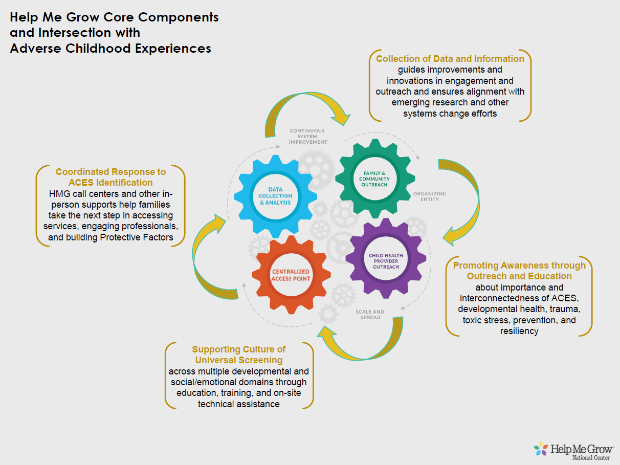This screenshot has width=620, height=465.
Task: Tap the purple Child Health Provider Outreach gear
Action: pos(387,259)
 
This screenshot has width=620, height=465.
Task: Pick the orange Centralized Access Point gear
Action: pos(291,275)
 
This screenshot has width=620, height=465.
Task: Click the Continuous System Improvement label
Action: pos(308,136)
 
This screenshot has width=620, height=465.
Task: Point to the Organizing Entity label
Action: pos(429,196)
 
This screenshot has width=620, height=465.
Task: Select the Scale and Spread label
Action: pos(370,314)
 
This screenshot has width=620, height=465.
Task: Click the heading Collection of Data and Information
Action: pos(450,59)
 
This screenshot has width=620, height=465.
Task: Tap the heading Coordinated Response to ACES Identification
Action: pos(110,177)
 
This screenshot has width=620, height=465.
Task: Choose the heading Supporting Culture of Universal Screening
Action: pos(239,355)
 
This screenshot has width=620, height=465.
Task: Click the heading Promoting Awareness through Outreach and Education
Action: pos(519,271)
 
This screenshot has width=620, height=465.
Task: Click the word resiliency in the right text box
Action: pos(519,331)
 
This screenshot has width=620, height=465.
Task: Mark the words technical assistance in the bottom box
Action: pos(239,404)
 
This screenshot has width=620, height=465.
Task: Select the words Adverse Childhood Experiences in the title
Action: pos(110,49)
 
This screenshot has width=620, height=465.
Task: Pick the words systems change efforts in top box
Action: pos(450,114)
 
